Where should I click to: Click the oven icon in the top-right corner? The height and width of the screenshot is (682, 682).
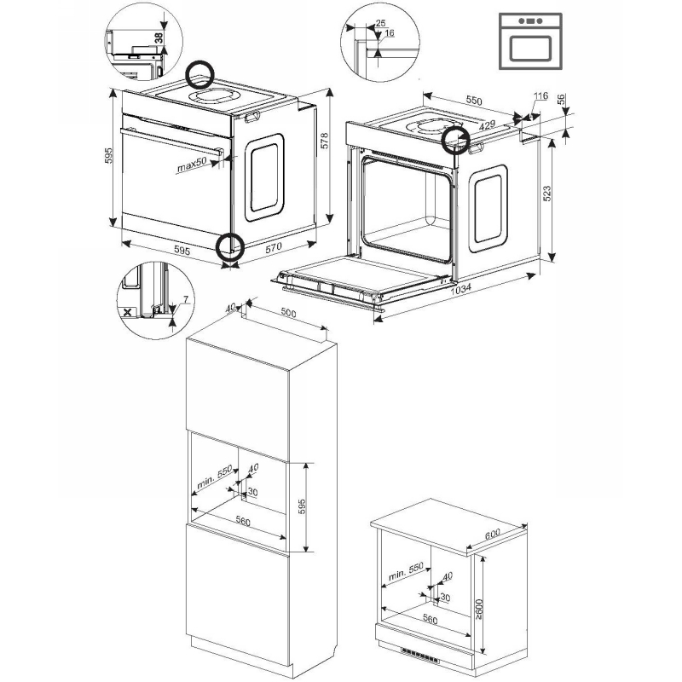[530, 41]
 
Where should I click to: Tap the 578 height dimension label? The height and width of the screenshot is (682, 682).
[325, 141]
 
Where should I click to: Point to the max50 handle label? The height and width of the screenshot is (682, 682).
[191, 165]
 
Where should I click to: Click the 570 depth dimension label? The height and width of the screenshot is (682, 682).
[274, 247]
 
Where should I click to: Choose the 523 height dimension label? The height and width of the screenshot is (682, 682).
[547, 194]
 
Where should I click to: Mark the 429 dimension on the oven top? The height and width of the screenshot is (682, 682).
[487, 125]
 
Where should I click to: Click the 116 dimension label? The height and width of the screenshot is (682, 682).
[540, 96]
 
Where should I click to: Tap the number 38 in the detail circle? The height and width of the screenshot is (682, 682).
[159, 38]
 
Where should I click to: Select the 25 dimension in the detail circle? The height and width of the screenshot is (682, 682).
[380, 23]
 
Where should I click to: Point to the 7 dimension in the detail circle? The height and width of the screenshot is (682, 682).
[186, 299]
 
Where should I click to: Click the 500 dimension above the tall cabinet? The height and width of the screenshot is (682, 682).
[288, 313]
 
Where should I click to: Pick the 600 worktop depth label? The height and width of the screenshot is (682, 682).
[493, 535]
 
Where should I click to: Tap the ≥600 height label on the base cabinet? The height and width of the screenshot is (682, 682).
[478, 610]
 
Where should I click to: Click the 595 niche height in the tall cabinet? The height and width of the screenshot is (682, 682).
[302, 506]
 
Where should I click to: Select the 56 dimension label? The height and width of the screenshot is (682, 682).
[562, 99]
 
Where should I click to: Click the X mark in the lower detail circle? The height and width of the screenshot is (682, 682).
[127, 312]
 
